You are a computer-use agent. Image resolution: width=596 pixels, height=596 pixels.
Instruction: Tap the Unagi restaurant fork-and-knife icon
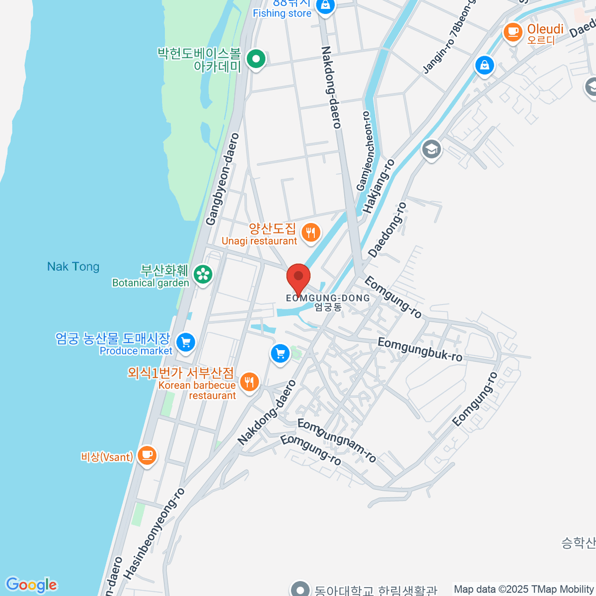pos(311,232)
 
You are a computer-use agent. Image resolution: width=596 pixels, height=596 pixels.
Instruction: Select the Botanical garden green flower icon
pos(203,274)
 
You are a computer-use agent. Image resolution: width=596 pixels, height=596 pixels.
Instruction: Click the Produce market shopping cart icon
pos(186,342)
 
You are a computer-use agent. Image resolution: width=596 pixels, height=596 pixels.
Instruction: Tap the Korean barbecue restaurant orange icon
pos(249,382)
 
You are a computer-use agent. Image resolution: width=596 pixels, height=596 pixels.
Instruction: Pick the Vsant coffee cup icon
pos(147,455)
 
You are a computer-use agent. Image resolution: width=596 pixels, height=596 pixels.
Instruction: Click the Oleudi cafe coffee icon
pos(513,32)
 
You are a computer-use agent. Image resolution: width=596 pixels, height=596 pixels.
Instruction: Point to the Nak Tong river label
pos(73,267)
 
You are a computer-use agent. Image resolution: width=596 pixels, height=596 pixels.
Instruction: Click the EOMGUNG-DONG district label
pos(328,298)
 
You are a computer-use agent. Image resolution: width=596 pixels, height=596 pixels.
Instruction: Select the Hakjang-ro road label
pos(378,186)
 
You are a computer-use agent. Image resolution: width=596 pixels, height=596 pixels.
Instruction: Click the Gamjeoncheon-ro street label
pos(364,150)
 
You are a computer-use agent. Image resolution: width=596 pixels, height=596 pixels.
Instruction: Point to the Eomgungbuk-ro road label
pos(420,349)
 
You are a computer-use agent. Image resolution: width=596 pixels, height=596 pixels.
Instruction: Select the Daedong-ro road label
pos(387,229)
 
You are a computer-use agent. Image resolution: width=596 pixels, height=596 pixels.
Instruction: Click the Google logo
pos(31,585)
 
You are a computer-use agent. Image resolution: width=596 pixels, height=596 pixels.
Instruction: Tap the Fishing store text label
pos(282,13)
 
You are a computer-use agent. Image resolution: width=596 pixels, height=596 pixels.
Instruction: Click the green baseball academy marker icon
pos(256,60)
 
